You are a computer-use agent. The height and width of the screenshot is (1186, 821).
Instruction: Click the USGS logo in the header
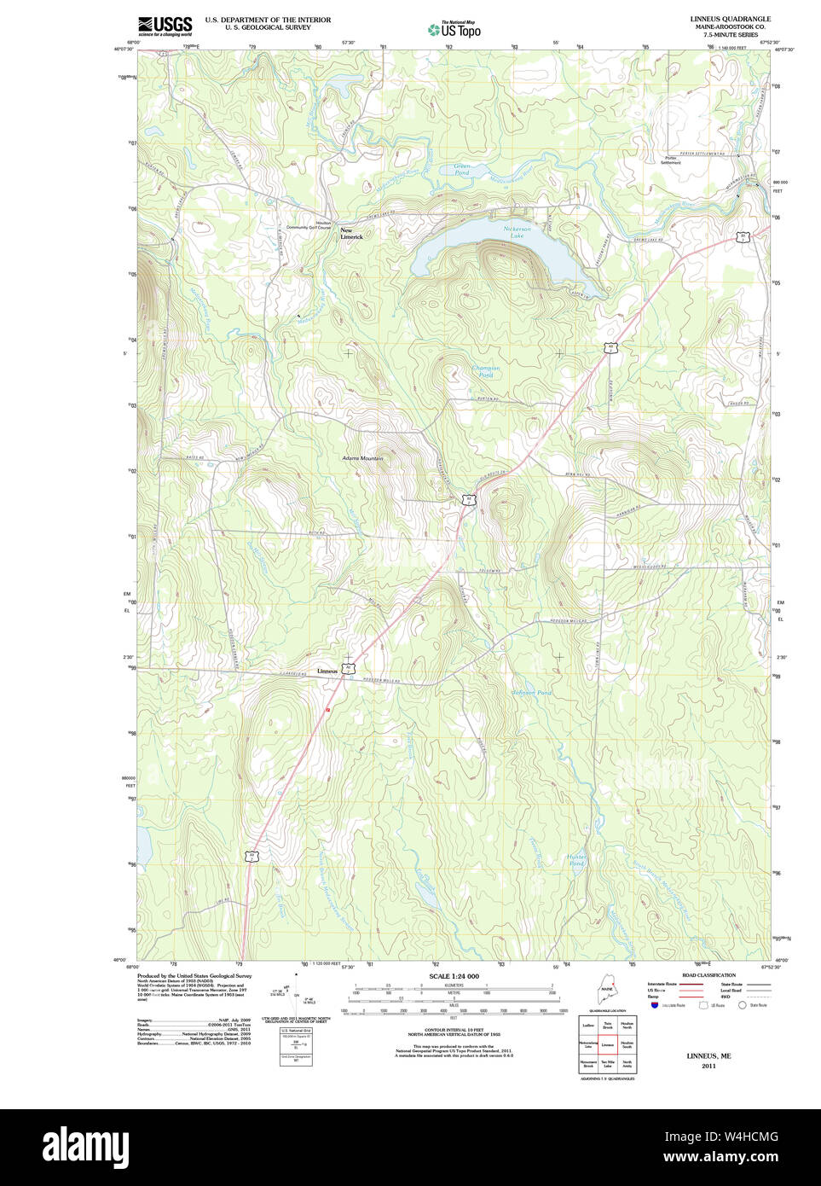tap(164, 26)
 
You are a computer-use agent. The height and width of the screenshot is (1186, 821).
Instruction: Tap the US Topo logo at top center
tap(454, 30)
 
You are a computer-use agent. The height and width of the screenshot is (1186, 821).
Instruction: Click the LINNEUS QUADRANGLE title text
tap(730, 19)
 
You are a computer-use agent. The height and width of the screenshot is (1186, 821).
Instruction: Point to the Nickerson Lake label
tap(517, 231)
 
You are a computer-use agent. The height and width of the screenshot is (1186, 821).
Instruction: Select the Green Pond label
tap(461, 170)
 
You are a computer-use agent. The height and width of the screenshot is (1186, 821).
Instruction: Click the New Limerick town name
tap(351, 233)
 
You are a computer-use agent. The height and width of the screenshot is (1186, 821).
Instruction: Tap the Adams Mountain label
tap(362, 458)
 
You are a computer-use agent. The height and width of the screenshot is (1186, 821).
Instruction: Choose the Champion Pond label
tap(486, 371)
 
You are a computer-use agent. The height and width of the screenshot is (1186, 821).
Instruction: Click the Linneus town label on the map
tap(327, 671)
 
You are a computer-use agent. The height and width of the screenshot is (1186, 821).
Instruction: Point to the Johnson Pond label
tap(531, 693)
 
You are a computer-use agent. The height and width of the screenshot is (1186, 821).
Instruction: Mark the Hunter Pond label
tap(577, 860)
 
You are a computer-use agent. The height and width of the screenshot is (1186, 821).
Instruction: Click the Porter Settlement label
tap(671, 160)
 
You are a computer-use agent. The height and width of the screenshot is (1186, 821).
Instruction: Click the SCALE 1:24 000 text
tap(454, 976)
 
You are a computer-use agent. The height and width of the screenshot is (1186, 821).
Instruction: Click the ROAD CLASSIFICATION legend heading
tap(708, 975)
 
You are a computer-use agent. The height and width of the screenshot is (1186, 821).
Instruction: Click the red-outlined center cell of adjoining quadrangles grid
tap(608, 1044)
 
